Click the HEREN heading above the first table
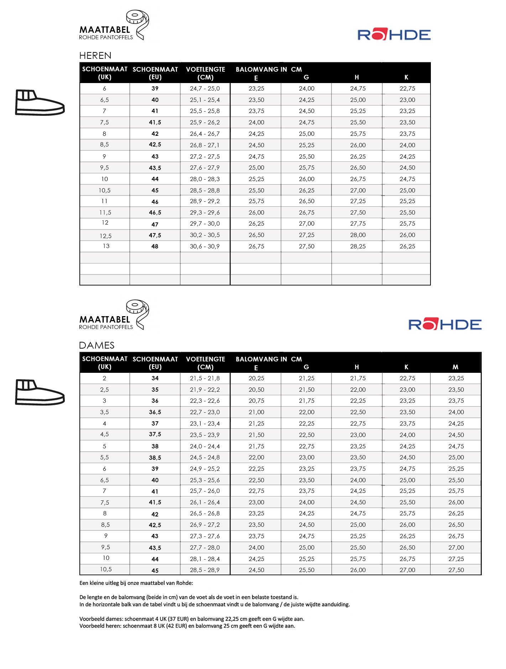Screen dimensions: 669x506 tap(95, 56)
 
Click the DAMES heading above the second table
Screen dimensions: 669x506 tap(96, 345)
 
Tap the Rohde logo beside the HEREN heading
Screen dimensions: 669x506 tap(394, 35)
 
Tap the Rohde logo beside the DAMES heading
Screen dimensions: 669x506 tap(445, 325)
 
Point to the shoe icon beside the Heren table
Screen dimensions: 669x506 tap(40, 103)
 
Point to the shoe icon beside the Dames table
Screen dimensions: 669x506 tap(40, 392)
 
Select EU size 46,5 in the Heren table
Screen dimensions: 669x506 tap(155, 213)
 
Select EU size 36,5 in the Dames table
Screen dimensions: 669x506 tap(155, 412)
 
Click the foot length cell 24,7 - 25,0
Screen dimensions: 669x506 tap(205, 89)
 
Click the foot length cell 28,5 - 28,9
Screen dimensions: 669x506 tap(205, 570)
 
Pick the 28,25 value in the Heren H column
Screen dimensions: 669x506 tap(358, 247)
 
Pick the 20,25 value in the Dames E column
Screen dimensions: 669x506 tap(256, 379)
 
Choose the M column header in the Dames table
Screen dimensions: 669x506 tap(455, 367)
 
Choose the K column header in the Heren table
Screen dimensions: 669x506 tap(406, 77)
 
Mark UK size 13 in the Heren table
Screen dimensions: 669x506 tap(106, 246)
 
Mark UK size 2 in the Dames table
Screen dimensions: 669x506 tap(104, 379)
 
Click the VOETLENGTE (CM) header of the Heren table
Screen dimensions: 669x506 tap(205, 73)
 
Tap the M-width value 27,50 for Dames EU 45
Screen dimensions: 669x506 tap(456, 570)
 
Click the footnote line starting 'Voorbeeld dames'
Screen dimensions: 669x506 tap(192, 619)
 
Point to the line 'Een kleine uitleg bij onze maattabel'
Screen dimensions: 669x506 tap(136, 583)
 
